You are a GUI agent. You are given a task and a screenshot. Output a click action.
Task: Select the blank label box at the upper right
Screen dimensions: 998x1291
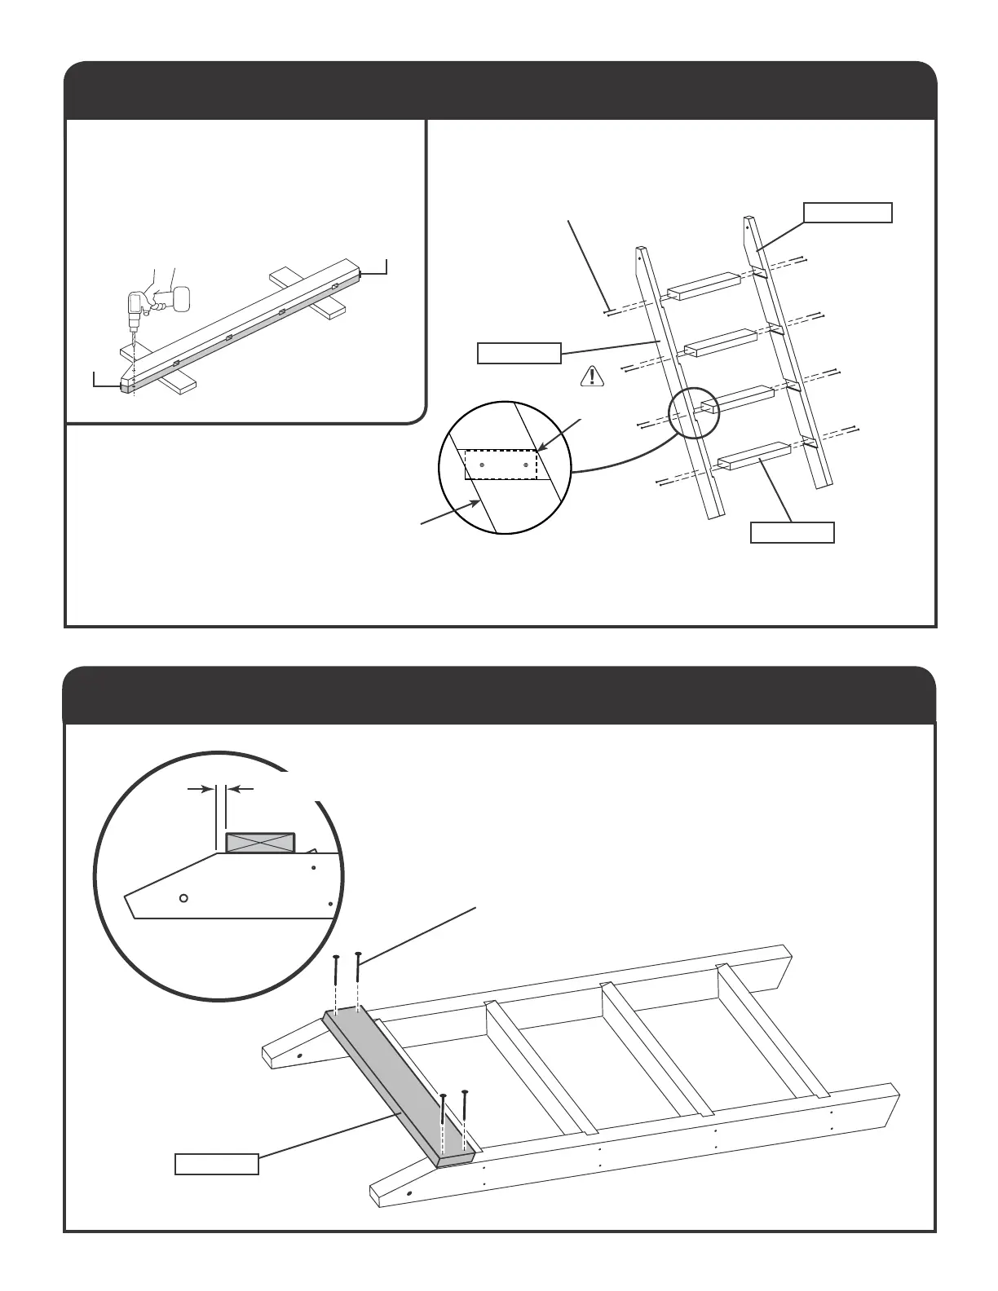(848, 213)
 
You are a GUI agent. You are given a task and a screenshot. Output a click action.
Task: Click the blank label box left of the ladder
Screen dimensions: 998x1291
(519, 353)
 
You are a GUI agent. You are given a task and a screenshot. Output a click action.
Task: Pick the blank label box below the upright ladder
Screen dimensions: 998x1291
(792, 532)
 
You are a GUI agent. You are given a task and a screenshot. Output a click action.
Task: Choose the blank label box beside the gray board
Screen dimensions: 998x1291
(217, 1163)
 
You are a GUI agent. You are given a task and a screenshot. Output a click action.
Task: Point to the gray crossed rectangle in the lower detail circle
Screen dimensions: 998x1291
(259, 843)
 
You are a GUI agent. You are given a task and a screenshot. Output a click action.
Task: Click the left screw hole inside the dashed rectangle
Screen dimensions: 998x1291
(482, 465)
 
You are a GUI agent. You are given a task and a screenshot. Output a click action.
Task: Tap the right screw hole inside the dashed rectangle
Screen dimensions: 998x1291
(526, 465)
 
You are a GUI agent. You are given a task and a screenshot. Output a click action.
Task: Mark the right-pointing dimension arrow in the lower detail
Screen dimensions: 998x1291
(201, 788)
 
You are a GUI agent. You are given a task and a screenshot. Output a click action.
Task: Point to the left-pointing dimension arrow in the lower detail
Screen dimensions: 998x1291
(241, 788)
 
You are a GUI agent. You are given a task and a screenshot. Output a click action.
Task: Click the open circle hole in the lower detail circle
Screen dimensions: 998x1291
(183, 897)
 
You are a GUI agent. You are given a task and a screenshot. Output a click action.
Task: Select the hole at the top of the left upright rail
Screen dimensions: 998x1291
(641, 254)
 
